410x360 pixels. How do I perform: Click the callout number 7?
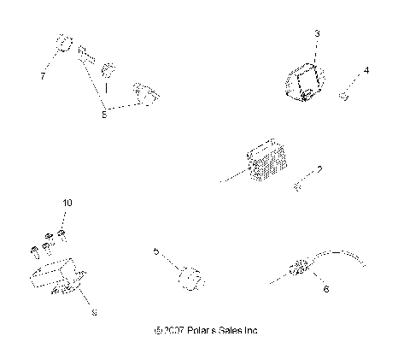[x=42, y=76]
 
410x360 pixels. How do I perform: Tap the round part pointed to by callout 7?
[x=62, y=44]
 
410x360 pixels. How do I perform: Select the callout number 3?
[x=317, y=33]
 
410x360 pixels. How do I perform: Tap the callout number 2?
[x=319, y=170]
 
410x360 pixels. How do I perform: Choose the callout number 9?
[x=94, y=312]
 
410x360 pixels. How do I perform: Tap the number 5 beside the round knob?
[x=155, y=252]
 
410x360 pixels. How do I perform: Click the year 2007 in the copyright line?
[x=169, y=329]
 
